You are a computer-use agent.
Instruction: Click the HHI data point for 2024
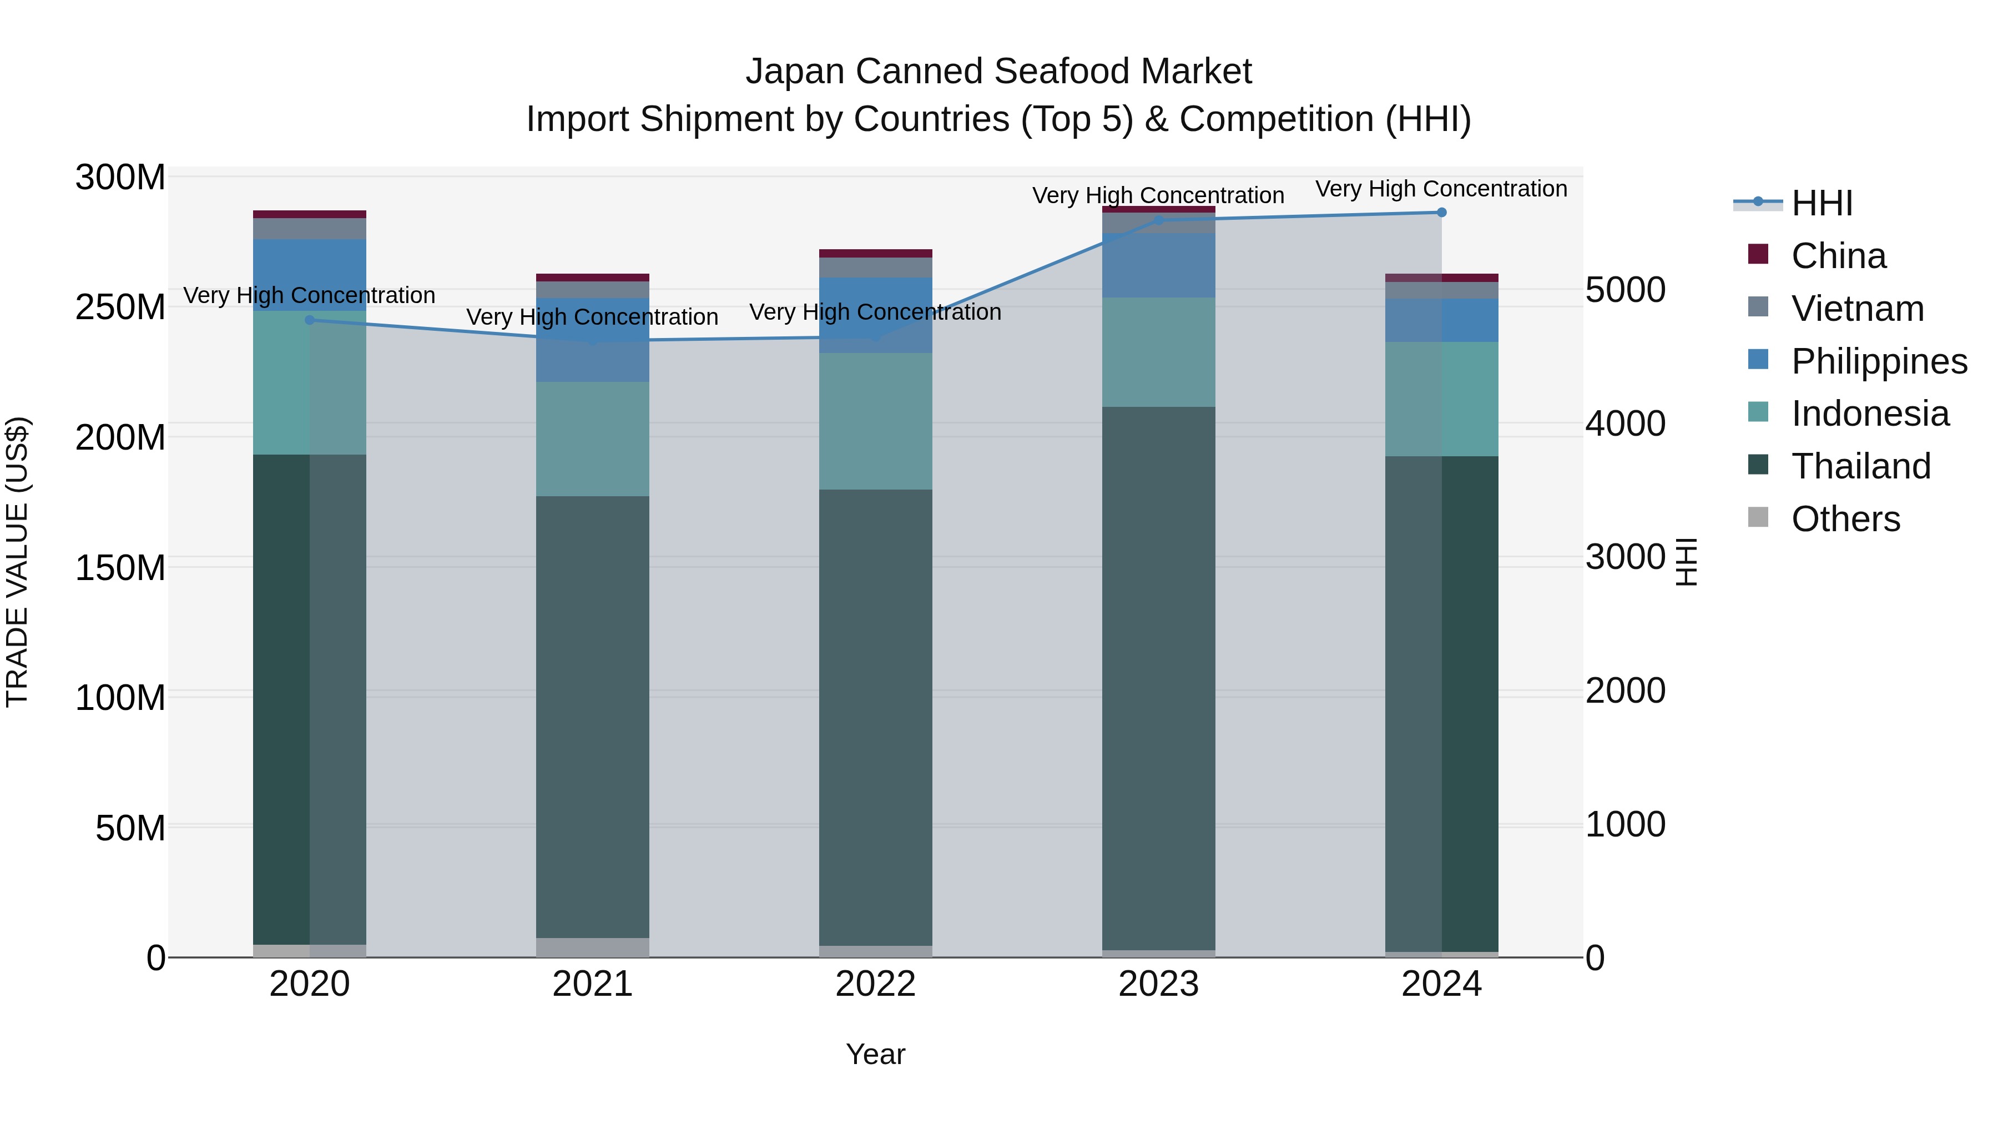(1441, 213)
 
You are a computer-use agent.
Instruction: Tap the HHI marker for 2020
(310, 320)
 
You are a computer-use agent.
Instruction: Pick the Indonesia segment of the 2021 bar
(593, 439)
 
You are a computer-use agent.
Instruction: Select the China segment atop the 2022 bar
(876, 254)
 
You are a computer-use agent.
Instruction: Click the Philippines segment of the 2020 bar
(310, 275)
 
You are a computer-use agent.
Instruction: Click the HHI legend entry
(1821, 203)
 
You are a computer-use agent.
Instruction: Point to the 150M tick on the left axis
(120, 568)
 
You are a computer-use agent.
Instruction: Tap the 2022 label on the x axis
(876, 984)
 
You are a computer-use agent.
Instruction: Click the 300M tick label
(120, 178)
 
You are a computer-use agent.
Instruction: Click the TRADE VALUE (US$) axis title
(17, 562)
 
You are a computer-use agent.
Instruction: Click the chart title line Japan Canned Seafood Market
(998, 72)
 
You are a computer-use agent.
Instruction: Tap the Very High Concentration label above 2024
(1441, 189)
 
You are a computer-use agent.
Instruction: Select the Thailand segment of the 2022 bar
(876, 714)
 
